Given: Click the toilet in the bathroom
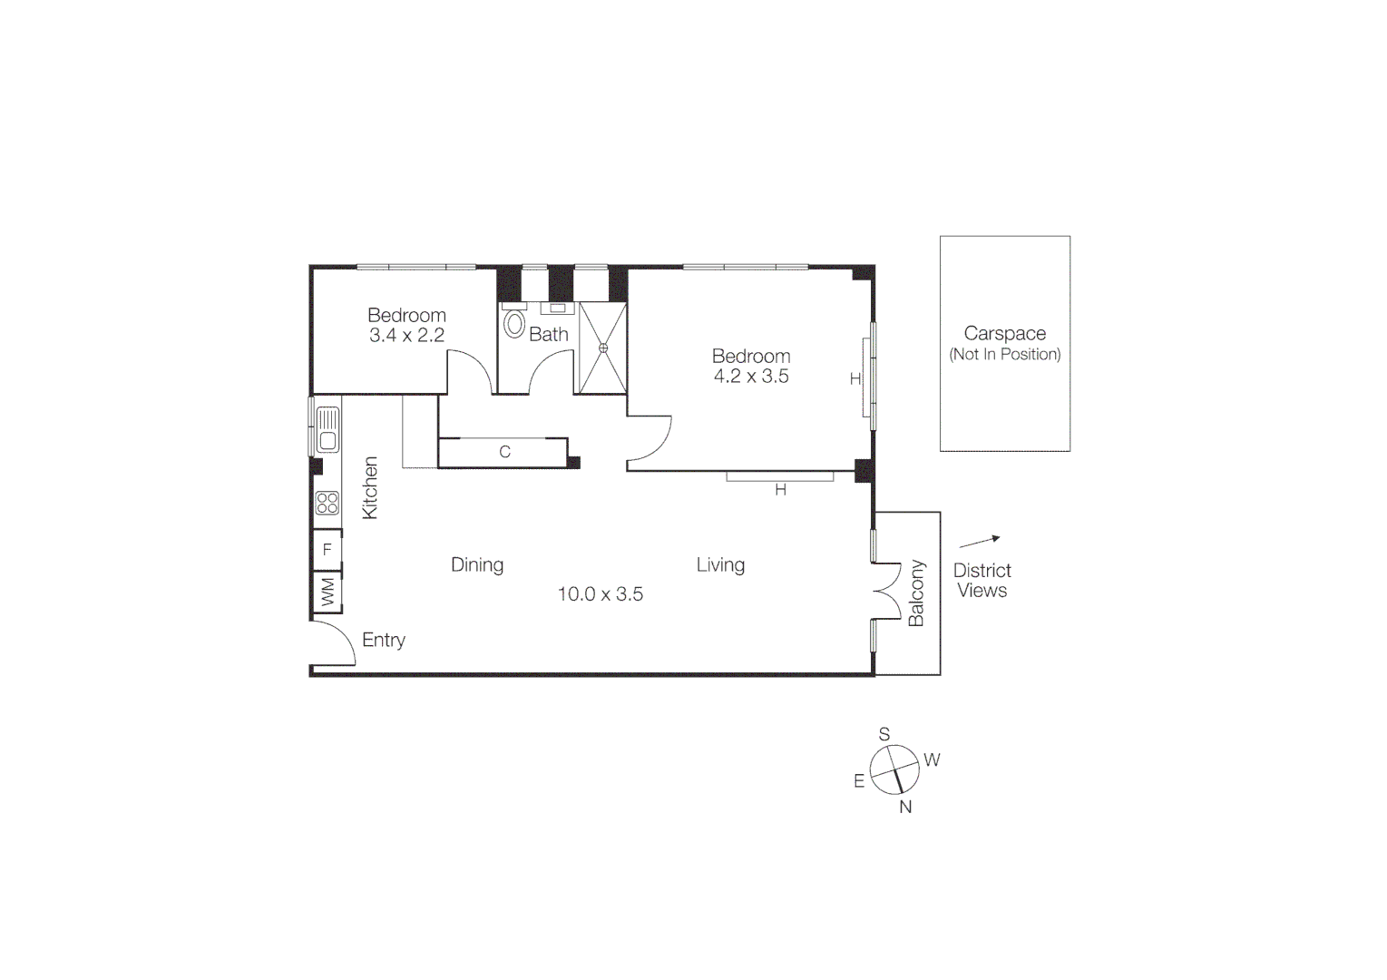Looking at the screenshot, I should [514, 325].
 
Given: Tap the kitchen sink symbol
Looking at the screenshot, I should [327, 430].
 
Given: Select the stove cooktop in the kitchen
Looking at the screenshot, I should [327, 503].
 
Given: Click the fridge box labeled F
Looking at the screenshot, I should [327, 550].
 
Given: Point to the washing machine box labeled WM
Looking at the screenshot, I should [327, 593].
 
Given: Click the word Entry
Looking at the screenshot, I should [384, 641].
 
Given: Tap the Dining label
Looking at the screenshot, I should [477, 565].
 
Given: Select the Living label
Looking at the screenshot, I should [720, 565].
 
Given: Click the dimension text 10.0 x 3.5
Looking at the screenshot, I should [601, 594].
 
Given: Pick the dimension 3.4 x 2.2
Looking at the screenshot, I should [406, 336].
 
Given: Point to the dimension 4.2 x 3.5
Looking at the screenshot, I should [751, 377].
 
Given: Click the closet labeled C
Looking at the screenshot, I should [504, 452].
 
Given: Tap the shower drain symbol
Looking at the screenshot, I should [603, 348].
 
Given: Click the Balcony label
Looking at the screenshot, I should [916, 593].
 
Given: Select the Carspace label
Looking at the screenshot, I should [1005, 334].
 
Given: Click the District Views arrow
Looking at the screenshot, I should [980, 542].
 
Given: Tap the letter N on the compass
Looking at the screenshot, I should [905, 807].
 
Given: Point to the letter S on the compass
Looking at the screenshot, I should [884, 734].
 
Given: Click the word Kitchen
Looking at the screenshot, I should [370, 488].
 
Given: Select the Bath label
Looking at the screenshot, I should [549, 335].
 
